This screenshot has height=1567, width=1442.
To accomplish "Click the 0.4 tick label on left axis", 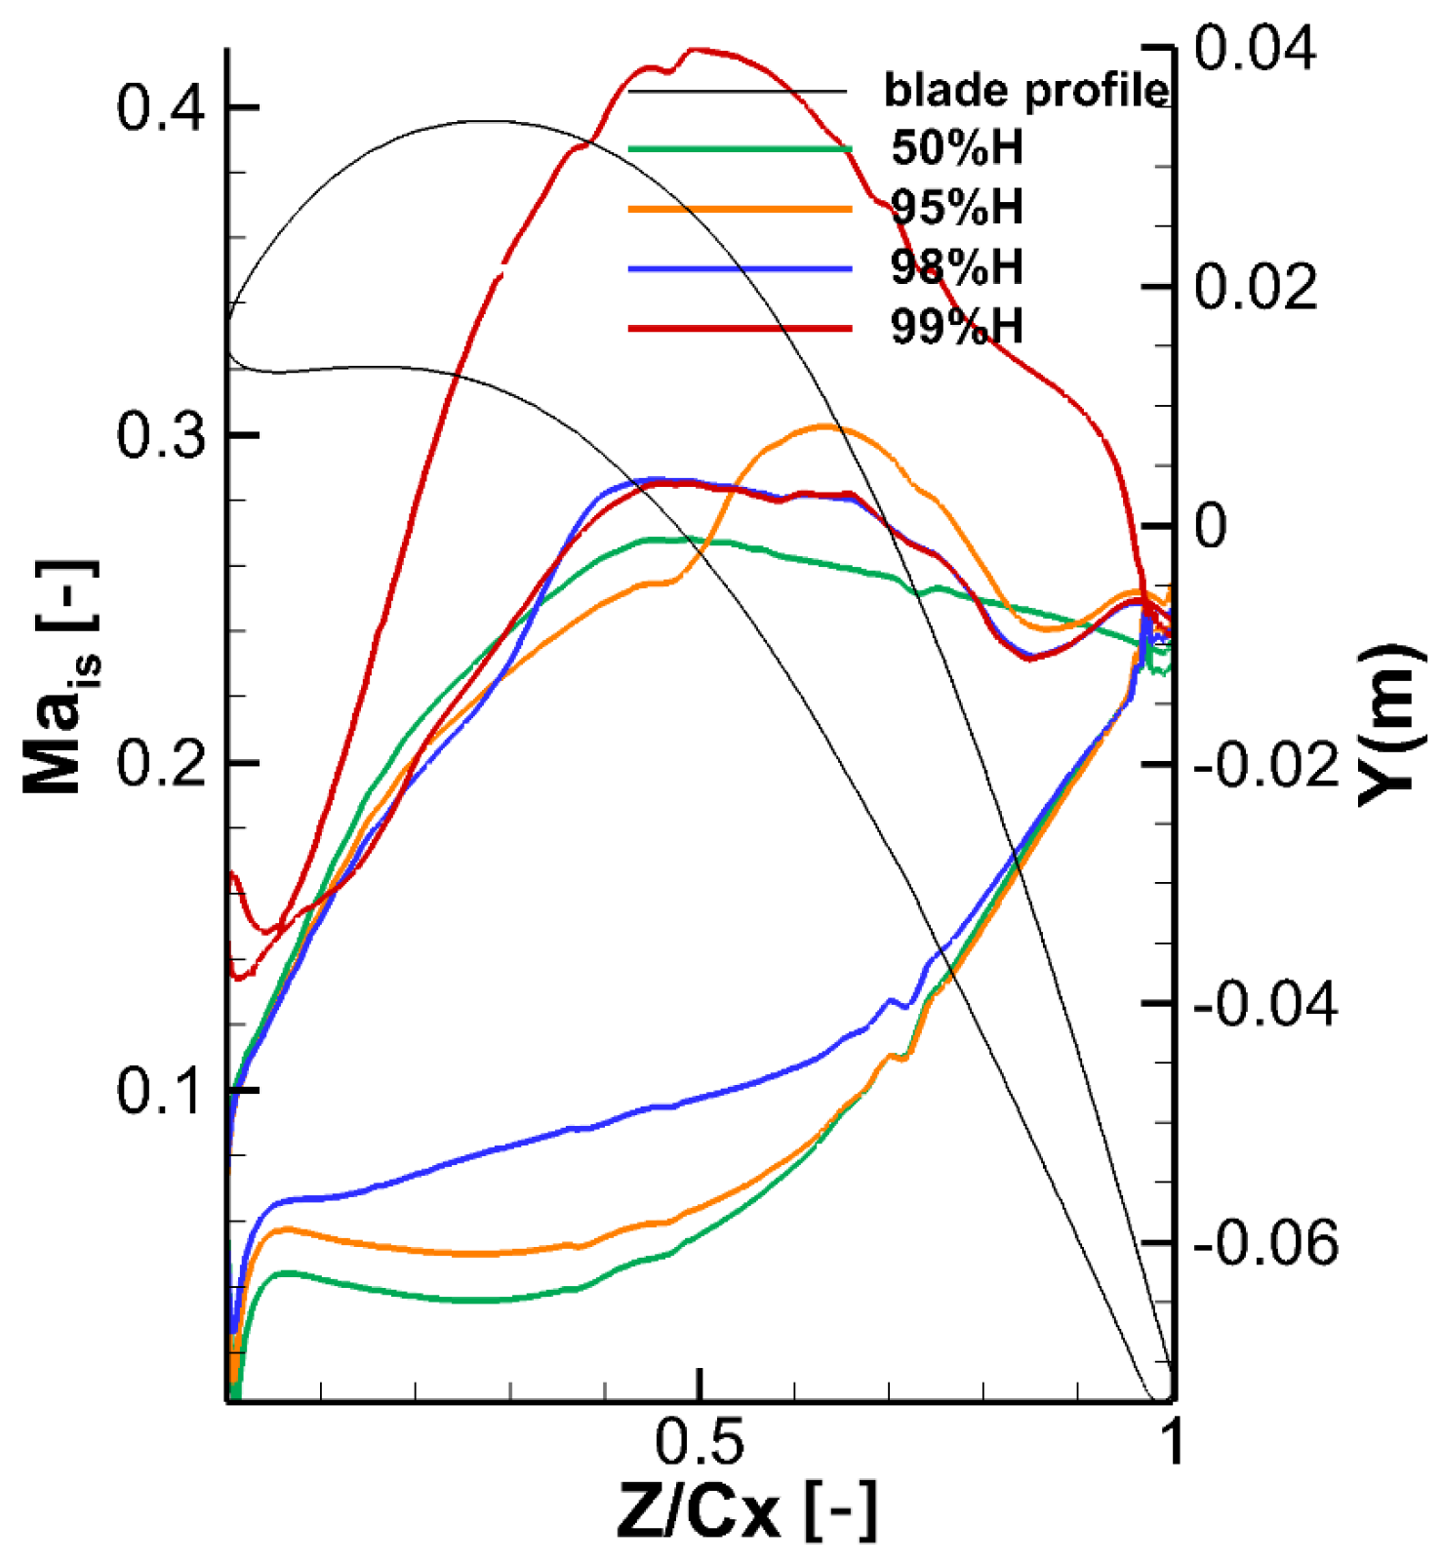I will [x=161, y=107].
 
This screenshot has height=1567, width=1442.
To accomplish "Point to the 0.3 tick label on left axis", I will [x=161, y=435].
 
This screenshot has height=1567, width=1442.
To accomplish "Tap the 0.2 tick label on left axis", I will [x=161, y=763].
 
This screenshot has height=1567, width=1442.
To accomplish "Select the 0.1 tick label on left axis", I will [x=161, y=1090].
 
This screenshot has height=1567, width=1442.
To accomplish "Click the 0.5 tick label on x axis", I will [x=699, y=1442].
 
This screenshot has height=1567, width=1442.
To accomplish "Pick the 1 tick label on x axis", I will [x=1171, y=1442].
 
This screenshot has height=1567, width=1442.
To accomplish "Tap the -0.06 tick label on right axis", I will [x=1265, y=1243].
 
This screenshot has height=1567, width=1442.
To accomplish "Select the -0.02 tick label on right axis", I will [x=1265, y=765].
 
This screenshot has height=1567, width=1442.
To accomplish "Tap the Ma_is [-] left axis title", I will [x=60, y=678].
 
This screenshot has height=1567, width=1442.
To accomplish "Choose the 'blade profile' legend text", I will [x=1025, y=91].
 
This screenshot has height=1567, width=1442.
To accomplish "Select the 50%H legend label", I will [x=957, y=148].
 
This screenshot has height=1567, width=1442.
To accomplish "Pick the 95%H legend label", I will [x=957, y=208].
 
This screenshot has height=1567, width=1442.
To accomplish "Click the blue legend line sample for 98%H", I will [x=740, y=267].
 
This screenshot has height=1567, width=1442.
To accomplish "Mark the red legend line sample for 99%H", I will [x=740, y=328].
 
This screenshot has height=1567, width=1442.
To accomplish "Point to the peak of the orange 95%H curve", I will [x=825, y=426].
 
